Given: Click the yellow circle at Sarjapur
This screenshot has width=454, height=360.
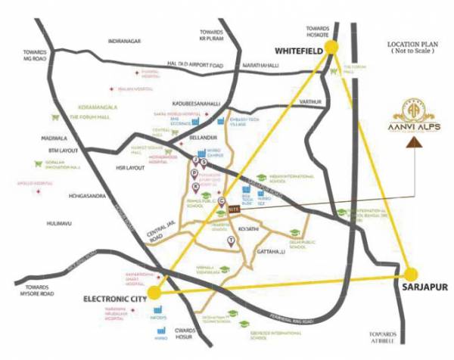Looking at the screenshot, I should coord(412,274).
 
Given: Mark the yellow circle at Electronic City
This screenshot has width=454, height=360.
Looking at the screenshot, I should coord(155,291).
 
